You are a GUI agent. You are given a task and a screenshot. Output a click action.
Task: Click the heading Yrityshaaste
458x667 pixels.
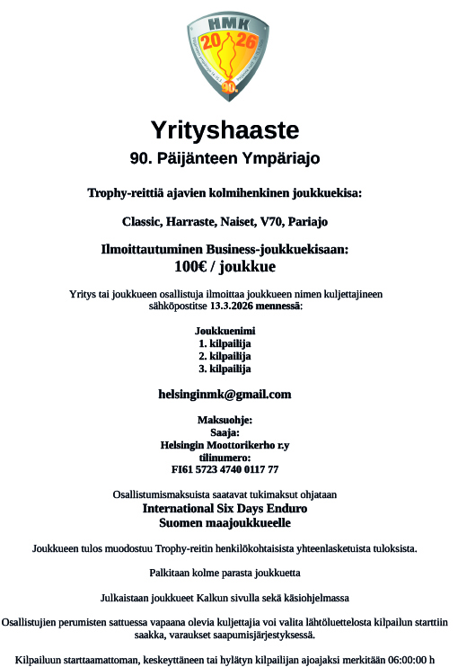click(225, 130)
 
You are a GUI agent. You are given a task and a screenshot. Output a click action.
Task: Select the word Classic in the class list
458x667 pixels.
click(143, 221)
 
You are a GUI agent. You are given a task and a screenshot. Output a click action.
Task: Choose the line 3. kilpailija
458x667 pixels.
click(225, 369)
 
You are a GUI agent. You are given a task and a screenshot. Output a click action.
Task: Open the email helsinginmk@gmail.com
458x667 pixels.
click(225, 395)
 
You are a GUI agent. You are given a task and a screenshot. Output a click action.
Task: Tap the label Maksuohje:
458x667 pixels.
click(225, 420)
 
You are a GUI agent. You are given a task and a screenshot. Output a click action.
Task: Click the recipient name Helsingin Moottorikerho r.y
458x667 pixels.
click(225, 445)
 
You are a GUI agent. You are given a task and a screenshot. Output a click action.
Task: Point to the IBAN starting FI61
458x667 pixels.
click(225, 470)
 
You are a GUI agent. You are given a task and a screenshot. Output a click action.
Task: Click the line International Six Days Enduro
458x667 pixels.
click(225, 508)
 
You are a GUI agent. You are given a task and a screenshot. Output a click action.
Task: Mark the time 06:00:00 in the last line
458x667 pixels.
click(397, 659)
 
